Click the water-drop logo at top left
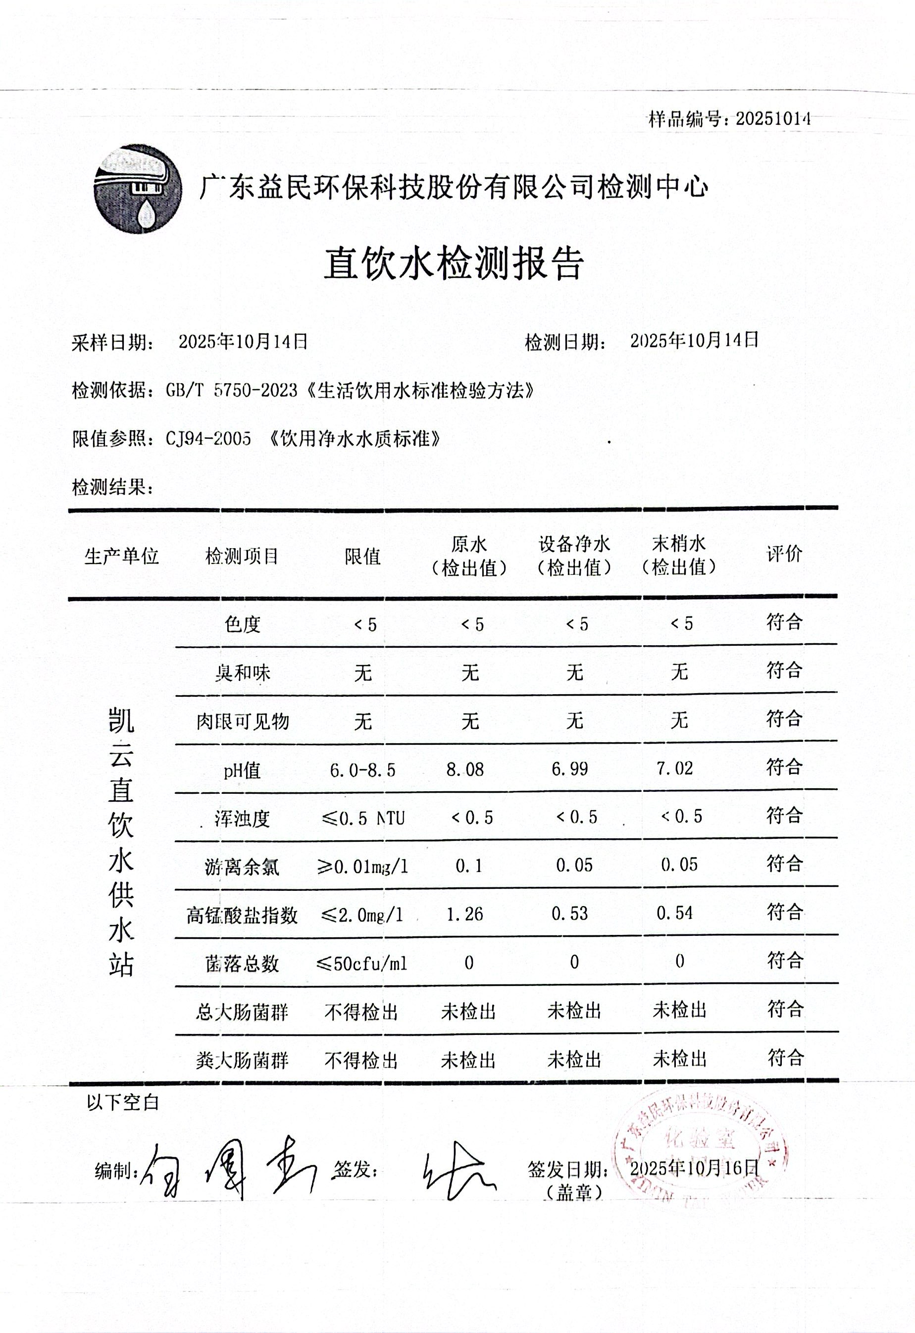coord(138,189)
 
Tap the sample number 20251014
coord(773,119)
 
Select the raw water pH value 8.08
coord(465,769)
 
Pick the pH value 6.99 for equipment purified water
coord(570,769)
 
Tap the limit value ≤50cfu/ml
coord(362,963)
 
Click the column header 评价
coord(784,554)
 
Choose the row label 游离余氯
coord(242,866)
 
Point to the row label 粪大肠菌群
coord(242,1061)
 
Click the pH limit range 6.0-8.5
coord(362,770)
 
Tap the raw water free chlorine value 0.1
coord(469,866)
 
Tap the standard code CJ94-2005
coord(208,439)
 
